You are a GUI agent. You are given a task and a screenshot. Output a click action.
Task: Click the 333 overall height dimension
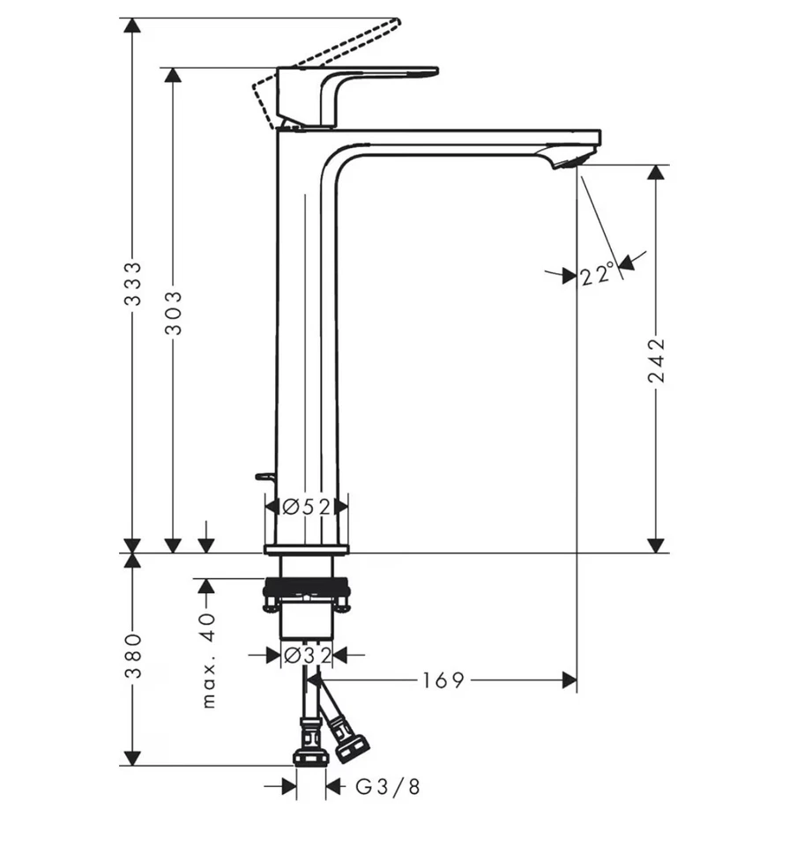(x=132, y=284)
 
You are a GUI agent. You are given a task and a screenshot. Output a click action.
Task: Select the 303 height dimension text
(x=174, y=312)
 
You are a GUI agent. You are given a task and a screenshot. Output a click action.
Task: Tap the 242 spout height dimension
(x=656, y=360)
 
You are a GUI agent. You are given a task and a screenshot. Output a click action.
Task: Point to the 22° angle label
(x=597, y=276)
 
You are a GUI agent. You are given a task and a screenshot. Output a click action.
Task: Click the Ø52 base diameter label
(x=307, y=507)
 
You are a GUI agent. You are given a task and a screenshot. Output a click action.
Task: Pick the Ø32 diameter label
(x=306, y=656)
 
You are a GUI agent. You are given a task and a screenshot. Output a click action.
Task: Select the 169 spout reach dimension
(x=442, y=680)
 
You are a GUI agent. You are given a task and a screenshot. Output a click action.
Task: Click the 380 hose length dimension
(x=132, y=656)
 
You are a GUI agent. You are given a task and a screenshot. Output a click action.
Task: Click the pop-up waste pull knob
(x=263, y=477)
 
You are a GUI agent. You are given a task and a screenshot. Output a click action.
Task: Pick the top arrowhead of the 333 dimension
(x=132, y=26)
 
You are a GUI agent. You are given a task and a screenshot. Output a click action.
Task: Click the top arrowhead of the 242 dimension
(x=656, y=172)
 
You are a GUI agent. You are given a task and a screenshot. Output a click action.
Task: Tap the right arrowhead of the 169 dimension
(x=569, y=680)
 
